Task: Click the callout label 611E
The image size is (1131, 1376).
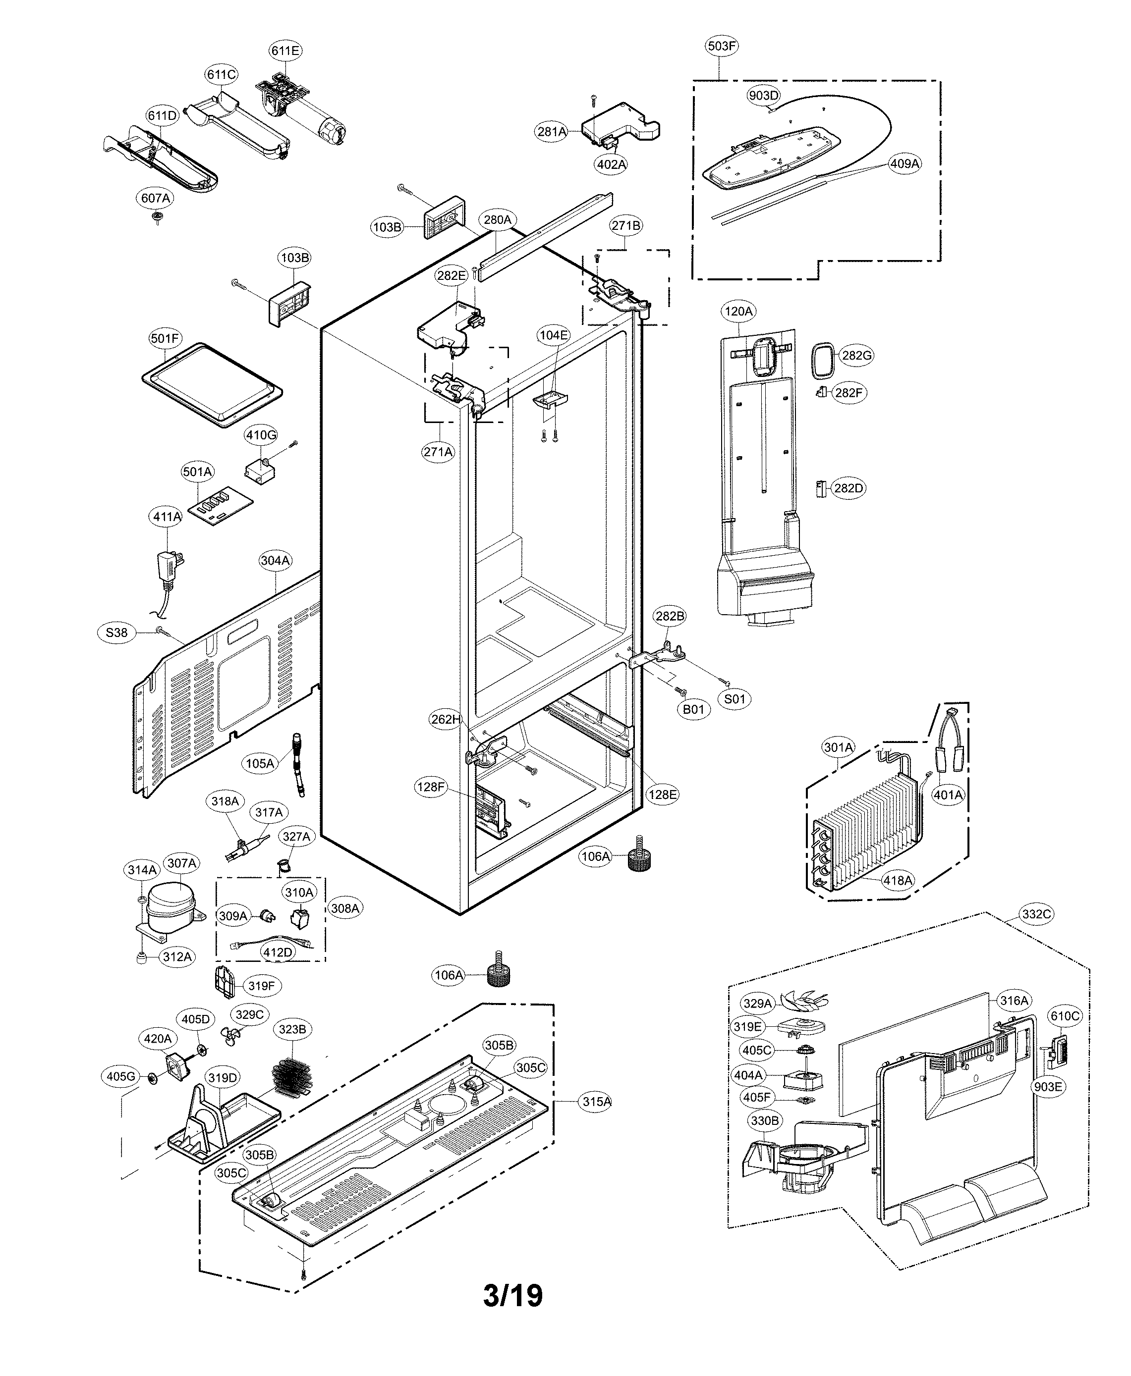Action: point(285,50)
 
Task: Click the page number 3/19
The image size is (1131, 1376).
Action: point(513,1296)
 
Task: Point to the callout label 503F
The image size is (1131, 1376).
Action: point(722,46)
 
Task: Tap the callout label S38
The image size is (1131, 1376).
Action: point(116,633)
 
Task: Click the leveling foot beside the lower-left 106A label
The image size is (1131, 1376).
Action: point(499,975)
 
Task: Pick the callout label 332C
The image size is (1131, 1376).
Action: point(1036,914)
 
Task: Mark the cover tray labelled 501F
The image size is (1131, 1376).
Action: point(212,385)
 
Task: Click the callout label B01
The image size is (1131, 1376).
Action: point(693,709)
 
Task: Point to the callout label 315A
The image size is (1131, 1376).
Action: point(596,1102)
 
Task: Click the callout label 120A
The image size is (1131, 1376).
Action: point(738,311)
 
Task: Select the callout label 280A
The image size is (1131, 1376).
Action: point(497,219)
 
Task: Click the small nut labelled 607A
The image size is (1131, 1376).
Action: point(157,217)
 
